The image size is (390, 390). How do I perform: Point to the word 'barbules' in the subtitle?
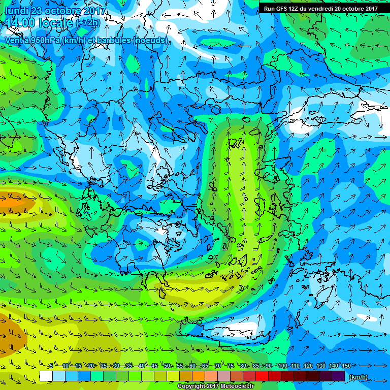pos(113,40)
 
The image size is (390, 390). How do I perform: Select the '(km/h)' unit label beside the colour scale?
pos(358,377)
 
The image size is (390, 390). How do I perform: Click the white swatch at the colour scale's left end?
pos(46,376)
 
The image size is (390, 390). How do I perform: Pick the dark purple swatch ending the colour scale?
pos(338,376)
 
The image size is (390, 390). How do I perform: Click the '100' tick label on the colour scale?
pos(282,366)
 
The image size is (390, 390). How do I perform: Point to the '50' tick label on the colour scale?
pos(167,366)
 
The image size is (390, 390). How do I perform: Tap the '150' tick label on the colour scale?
pos(346,366)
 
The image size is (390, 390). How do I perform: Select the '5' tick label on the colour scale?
pos(51,366)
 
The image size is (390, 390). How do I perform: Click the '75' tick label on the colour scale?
pos(231,366)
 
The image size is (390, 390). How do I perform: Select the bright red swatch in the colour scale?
pos(262,376)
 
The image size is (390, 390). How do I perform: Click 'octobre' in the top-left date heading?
pos(62,11)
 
